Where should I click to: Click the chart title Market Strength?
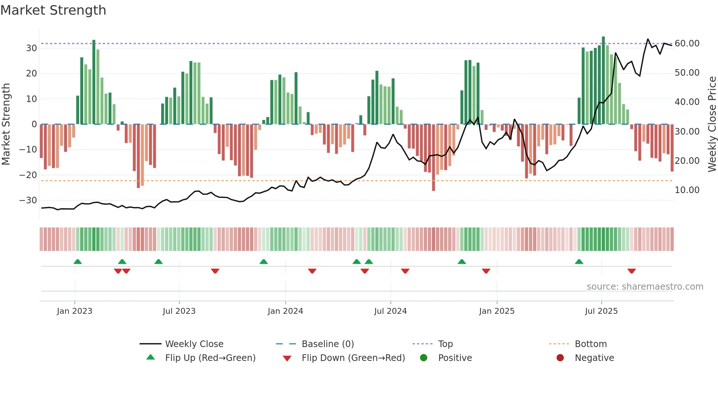pyautogui.click(x=53, y=10)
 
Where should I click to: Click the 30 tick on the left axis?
pyautogui.click(x=32, y=48)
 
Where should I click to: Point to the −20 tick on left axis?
pyautogui.click(x=28, y=175)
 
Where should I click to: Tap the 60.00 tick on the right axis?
pyautogui.click(x=687, y=44)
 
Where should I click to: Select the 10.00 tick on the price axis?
pyautogui.click(x=687, y=190)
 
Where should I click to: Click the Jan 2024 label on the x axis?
pyautogui.click(x=285, y=311)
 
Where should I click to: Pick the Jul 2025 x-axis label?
pyautogui.click(x=601, y=311)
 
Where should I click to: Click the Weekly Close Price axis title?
pyautogui.click(x=712, y=124)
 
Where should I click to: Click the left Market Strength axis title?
pyautogui.click(x=6, y=124)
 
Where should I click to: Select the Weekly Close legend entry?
pyautogui.click(x=194, y=344)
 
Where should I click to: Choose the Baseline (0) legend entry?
pyautogui.click(x=327, y=344)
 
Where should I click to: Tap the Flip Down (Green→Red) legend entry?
pyautogui.click(x=353, y=358)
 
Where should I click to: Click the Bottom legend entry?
pyautogui.click(x=591, y=344)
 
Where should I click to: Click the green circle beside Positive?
pyautogui.click(x=424, y=358)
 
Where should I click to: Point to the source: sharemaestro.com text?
pyautogui.click(x=645, y=287)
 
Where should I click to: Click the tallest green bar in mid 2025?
pyautogui.click(x=603, y=80)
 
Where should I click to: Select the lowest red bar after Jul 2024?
pyautogui.click(x=433, y=157)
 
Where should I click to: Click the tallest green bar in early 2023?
pyautogui.click(x=94, y=82)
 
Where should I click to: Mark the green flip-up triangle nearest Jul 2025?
pyautogui.click(x=579, y=262)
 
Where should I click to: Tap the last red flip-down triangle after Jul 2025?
pyautogui.click(x=632, y=271)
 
